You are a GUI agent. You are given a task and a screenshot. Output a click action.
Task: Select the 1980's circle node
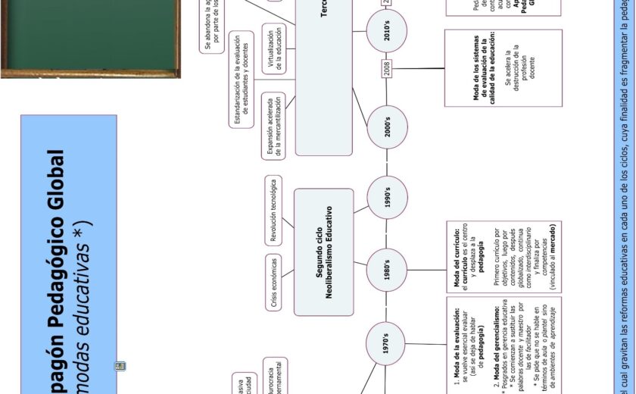(386, 270)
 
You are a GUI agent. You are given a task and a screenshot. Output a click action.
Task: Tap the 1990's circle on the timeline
(386, 199)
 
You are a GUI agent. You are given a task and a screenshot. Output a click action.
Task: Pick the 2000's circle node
(386, 127)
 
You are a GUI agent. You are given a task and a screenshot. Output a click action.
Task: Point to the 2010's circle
(386, 32)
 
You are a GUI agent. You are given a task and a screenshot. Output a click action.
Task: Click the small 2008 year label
(387, 69)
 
